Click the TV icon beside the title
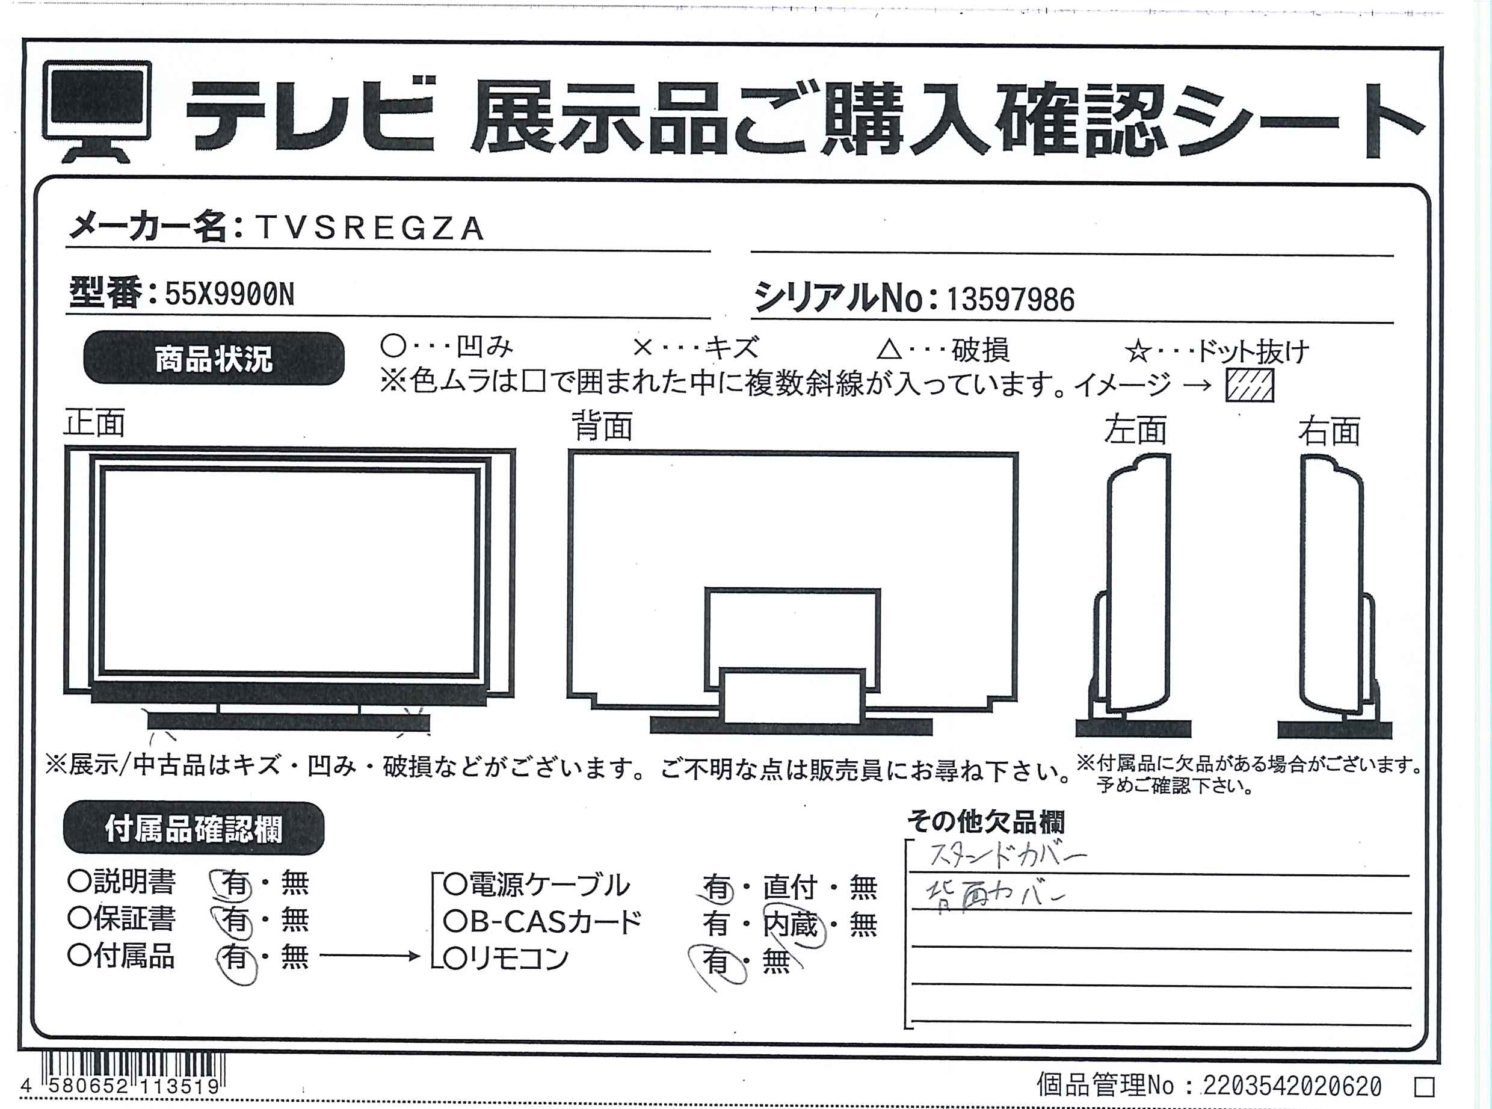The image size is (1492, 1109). [x=97, y=111]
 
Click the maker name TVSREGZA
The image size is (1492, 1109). [x=370, y=228]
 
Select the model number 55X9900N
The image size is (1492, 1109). [x=230, y=294]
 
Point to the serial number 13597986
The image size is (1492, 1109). [x=1011, y=300]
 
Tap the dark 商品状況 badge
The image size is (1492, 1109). [x=214, y=359]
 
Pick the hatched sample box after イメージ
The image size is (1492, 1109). [x=1250, y=386]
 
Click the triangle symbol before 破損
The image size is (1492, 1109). [x=889, y=349]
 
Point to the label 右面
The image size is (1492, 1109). [x=1330, y=431]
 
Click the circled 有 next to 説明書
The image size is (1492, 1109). [x=233, y=884]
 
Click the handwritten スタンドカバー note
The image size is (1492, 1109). [x=1006, y=855]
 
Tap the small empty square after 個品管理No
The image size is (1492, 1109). [x=1424, y=1086]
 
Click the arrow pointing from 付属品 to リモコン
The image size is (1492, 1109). [x=370, y=956]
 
